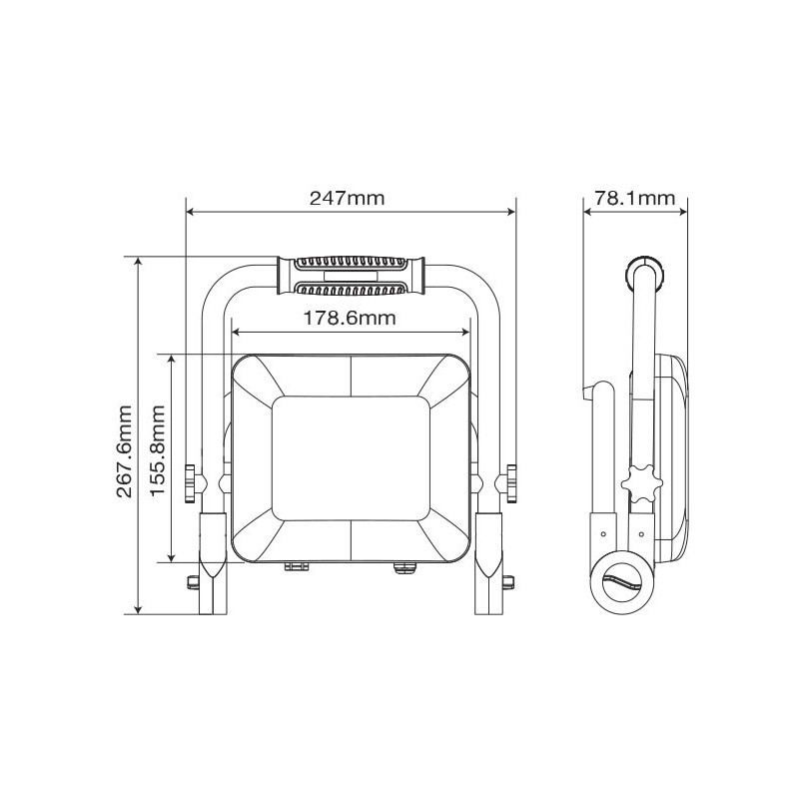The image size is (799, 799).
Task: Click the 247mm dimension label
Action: point(347,198)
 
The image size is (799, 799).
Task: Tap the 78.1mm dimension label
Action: point(634,198)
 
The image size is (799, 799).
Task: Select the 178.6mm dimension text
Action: point(350,318)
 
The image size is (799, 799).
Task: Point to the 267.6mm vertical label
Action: point(125,451)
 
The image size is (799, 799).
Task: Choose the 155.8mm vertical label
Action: point(158,450)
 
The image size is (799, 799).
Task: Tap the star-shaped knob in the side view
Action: point(641,483)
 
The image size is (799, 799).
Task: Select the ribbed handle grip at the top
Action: point(351,276)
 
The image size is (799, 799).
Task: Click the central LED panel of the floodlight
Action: point(351,458)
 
